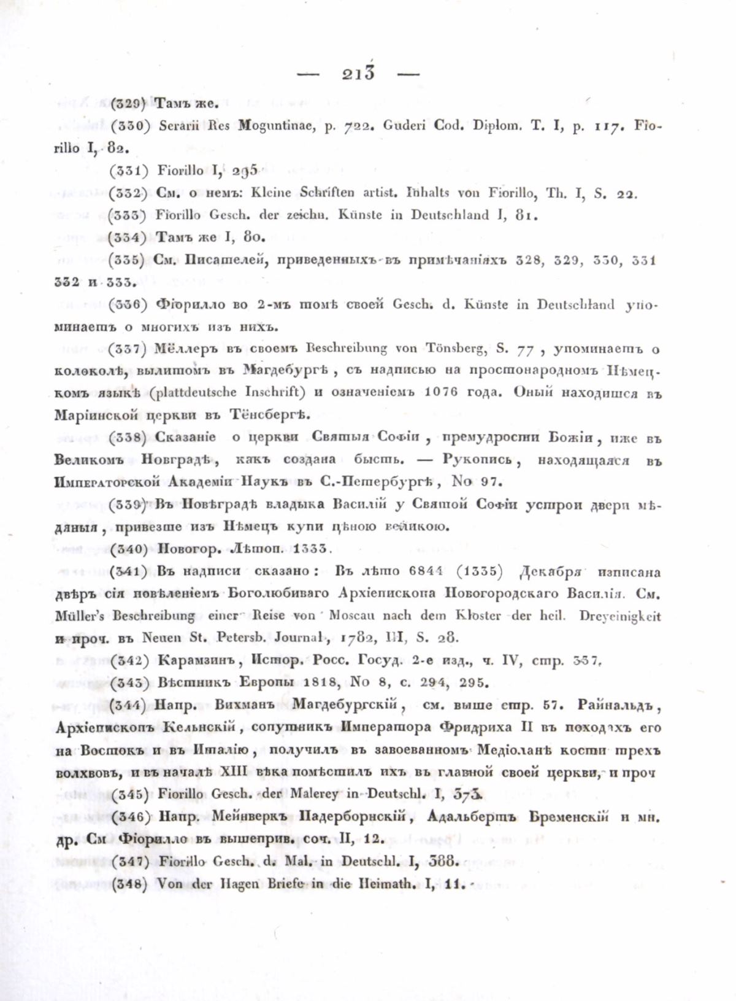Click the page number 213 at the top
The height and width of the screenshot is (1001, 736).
[358, 74]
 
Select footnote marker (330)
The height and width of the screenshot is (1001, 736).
[130, 126]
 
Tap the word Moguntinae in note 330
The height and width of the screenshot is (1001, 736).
[277, 126]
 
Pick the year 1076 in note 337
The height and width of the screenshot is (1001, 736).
[441, 393]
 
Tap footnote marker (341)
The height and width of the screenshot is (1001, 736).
[129, 571]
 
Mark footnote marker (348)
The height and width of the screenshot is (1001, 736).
[129, 884]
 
